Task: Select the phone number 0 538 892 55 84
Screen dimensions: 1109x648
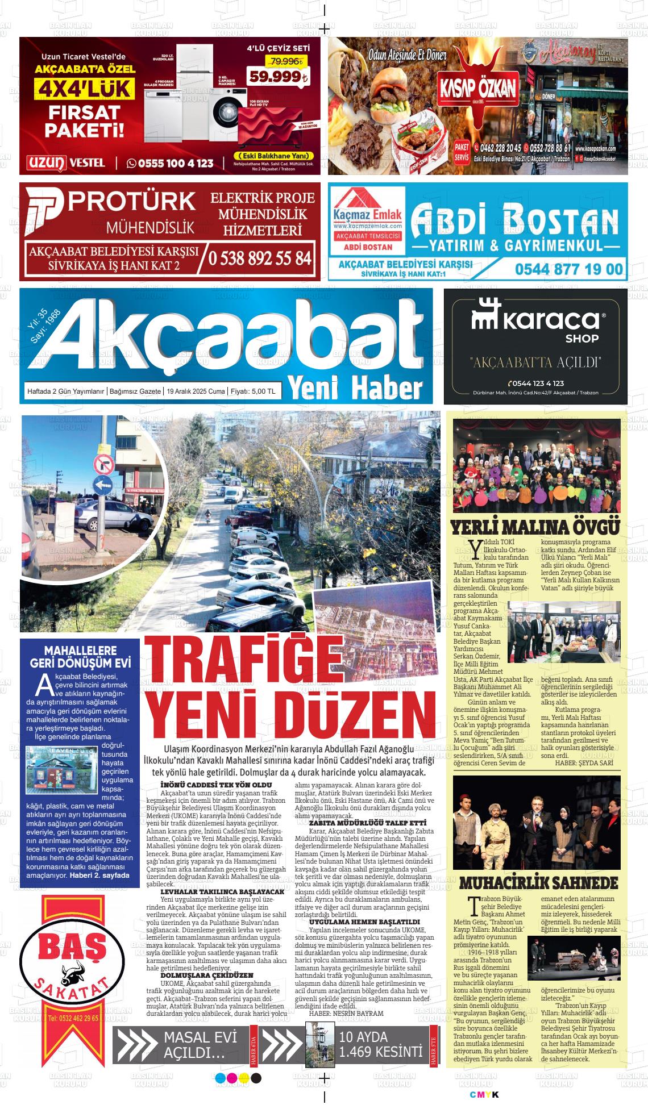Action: click(260, 258)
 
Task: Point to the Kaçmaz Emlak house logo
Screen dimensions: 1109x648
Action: click(368, 205)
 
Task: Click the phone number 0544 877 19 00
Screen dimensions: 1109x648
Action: click(569, 269)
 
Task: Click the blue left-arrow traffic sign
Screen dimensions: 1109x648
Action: click(103, 485)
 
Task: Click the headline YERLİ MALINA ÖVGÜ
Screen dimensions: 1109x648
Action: click(535, 527)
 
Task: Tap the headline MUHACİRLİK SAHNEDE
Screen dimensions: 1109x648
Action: click(538, 883)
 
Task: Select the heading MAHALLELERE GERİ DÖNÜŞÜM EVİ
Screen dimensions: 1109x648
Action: click(80, 657)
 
